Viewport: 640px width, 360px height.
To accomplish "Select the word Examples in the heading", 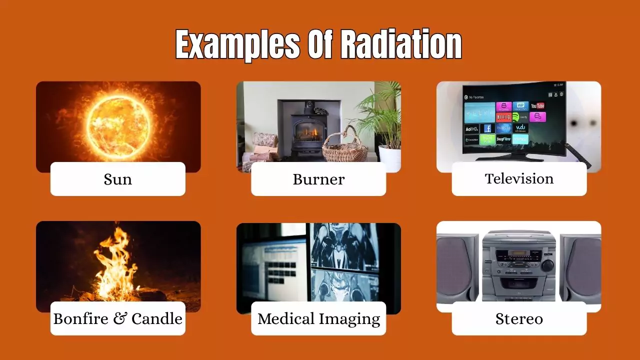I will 237,45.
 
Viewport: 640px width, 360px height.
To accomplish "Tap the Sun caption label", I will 118,179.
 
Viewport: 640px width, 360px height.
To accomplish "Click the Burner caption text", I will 318,179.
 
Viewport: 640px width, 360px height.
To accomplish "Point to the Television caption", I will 519,178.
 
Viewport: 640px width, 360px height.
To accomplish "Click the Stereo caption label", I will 519,318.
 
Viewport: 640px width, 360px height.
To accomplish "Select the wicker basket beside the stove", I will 344,148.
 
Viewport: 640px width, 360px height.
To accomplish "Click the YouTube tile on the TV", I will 537,105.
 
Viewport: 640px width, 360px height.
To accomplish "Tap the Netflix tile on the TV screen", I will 503,117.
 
